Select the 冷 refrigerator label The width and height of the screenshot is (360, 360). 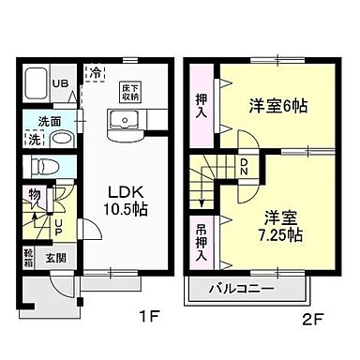tap(94, 72)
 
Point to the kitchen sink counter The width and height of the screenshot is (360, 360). tap(124, 123)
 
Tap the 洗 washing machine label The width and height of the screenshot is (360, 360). tap(34, 140)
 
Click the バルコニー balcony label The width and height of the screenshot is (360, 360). tap(241, 289)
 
